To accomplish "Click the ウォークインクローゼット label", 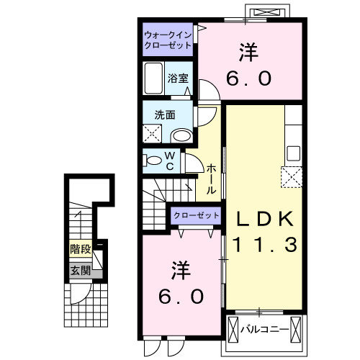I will click(x=168, y=39).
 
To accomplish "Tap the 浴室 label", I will click(x=177, y=78).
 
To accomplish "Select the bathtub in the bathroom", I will click(x=153, y=76).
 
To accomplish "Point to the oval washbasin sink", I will click(x=182, y=135).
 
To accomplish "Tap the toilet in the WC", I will click(x=153, y=161).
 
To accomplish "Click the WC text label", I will click(x=170, y=161).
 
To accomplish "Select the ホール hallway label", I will click(x=212, y=179).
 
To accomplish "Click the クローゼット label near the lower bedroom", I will click(x=195, y=215).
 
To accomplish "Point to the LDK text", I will click(x=263, y=218).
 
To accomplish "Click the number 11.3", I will click(x=263, y=245).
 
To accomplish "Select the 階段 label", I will click(x=80, y=250).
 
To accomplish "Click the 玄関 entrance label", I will click(x=80, y=271).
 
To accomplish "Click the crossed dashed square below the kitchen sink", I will click(x=291, y=176).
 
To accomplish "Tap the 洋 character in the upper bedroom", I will click(x=249, y=52).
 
